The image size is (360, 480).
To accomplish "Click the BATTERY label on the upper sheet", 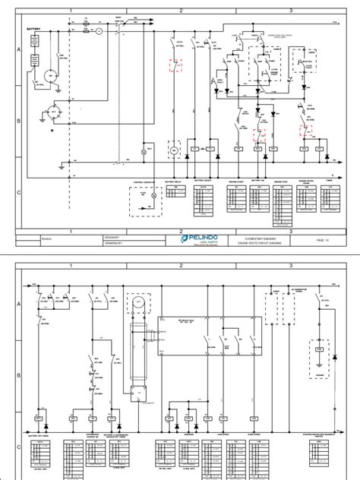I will pos(35,29).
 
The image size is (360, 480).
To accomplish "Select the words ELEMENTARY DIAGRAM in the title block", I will pos(259,236).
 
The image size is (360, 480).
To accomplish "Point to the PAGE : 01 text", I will pos(322,239).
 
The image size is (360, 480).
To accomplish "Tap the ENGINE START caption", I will pos(237,182).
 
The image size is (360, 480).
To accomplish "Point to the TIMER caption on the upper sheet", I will pos(329,182).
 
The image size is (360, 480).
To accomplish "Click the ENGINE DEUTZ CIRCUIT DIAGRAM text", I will pos(259,242).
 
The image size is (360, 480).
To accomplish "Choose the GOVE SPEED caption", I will pos(254,436).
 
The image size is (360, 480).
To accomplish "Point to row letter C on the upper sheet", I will pos(18,193).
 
